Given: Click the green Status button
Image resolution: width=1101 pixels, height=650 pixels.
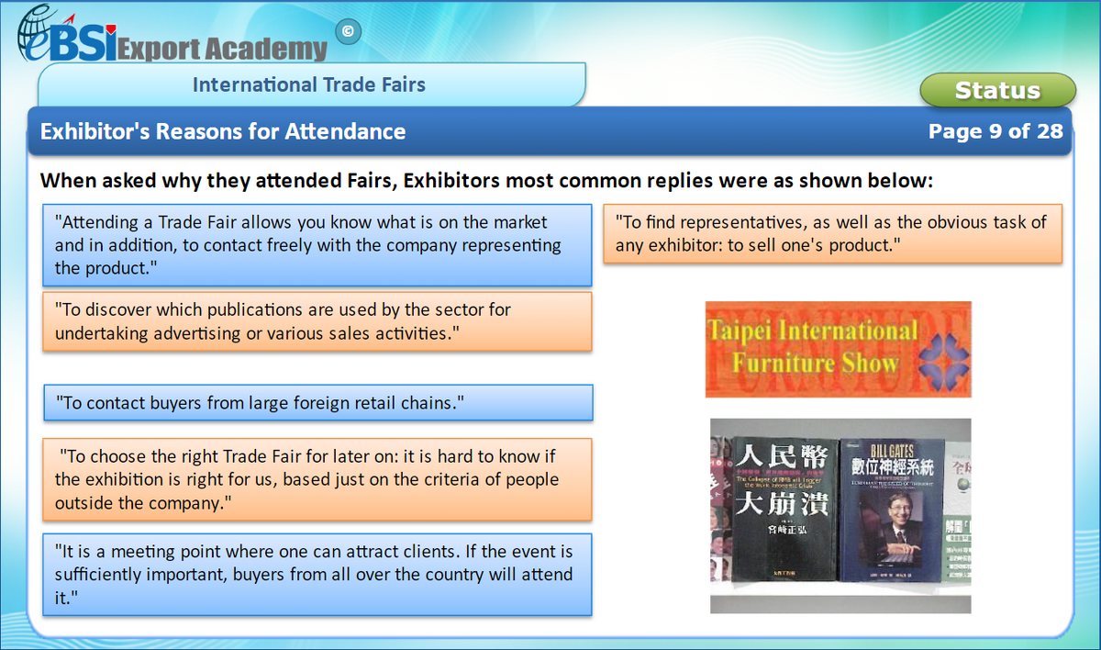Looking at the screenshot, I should pos(997,90).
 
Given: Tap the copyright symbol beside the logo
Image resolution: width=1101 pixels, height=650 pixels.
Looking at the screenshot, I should pos(347,32).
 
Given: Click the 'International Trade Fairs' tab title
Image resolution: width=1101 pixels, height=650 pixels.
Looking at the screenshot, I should pos(309,85).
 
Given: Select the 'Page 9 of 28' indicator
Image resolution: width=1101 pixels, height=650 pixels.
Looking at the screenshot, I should pos(995,131).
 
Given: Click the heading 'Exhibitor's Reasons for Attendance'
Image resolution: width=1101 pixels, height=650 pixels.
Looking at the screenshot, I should pos(223,131).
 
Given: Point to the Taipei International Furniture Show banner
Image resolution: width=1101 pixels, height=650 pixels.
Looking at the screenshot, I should pos(838,349).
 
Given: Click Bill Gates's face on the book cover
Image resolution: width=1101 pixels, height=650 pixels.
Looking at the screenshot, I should pos(887,516).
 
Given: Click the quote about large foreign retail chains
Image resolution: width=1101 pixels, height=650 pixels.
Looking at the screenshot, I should pos(317,402).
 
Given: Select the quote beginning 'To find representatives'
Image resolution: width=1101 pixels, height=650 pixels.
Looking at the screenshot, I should pos(832,233).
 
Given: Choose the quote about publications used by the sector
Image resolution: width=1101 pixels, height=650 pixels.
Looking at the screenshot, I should pos(317,321).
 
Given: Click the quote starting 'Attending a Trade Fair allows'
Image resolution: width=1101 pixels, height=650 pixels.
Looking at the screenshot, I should pos(317,245).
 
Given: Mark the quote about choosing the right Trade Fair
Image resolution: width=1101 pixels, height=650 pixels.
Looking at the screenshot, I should pos(317,479).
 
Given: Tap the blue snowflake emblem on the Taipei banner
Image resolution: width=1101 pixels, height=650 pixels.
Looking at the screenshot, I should pos(942,359).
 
